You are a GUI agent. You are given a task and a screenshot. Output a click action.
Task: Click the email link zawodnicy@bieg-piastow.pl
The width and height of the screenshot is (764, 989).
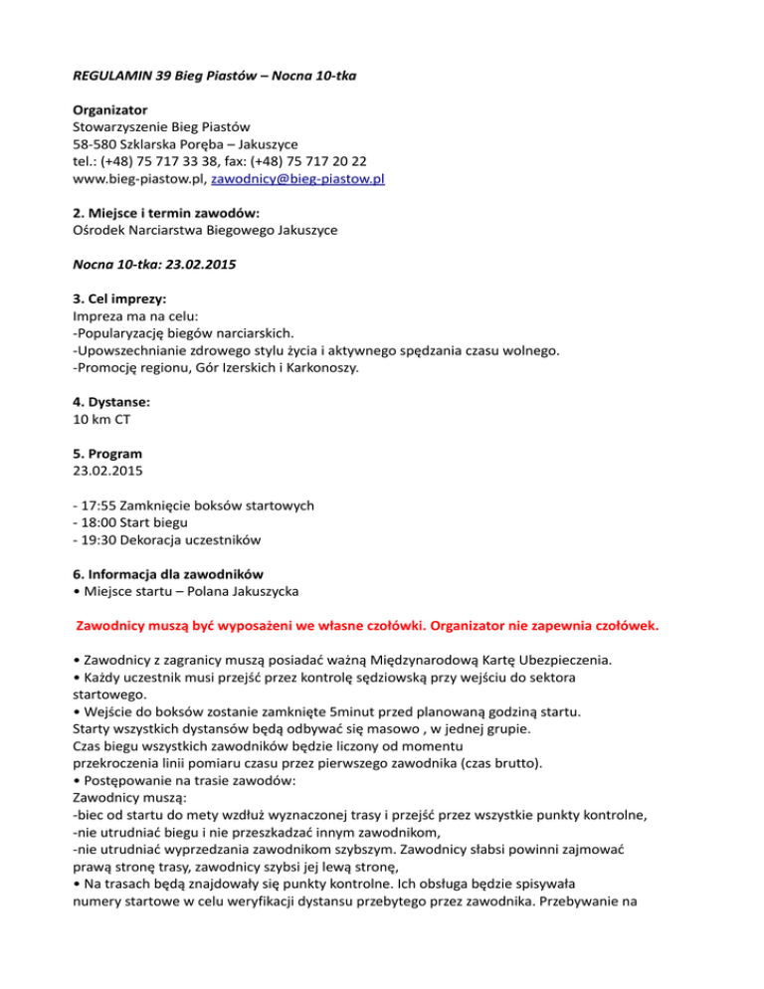click(x=299, y=180)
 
